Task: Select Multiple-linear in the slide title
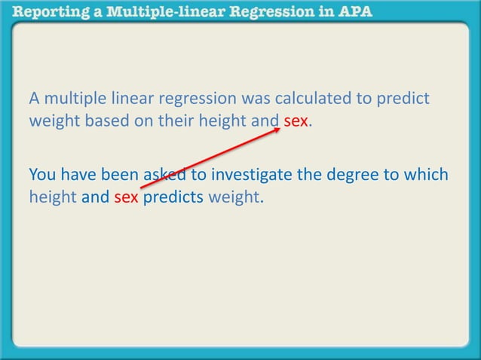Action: [155, 12]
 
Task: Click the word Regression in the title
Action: [270, 12]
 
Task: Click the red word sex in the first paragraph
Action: [296, 121]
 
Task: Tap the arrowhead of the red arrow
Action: [279, 130]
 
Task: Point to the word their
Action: [175, 121]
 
